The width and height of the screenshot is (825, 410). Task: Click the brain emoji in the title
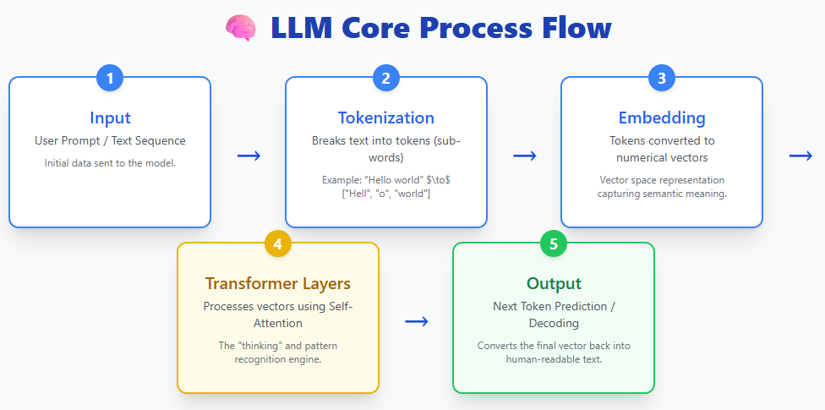point(240,28)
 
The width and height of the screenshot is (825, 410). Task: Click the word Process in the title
point(472,28)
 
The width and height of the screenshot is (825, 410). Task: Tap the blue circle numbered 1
point(110,79)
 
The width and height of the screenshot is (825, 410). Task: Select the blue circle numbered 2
point(385,79)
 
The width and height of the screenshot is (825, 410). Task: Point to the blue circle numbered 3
point(662,79)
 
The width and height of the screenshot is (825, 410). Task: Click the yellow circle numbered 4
point(278,244)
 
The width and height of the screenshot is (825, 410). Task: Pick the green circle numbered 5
point(554,244)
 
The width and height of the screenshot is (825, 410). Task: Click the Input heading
point(110,118)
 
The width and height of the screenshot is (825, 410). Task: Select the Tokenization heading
point(385,118)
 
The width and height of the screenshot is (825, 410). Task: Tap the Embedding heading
point(662,118)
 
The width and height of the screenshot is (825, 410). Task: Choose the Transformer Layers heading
point(278,283)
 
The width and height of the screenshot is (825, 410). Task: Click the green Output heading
point(554,283)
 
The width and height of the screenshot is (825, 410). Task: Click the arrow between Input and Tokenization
point(249,156)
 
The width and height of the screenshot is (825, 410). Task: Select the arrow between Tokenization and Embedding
point(525,156)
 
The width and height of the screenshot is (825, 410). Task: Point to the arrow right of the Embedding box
point(800,156)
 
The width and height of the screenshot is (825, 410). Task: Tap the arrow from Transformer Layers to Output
point(416,321)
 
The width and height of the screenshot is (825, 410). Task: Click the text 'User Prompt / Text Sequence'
point(110,140)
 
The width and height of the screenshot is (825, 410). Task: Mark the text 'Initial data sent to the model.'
point(110,162)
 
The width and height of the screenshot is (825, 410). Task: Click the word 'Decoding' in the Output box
point(554,323)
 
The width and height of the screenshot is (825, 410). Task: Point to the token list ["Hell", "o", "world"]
point(385,194)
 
